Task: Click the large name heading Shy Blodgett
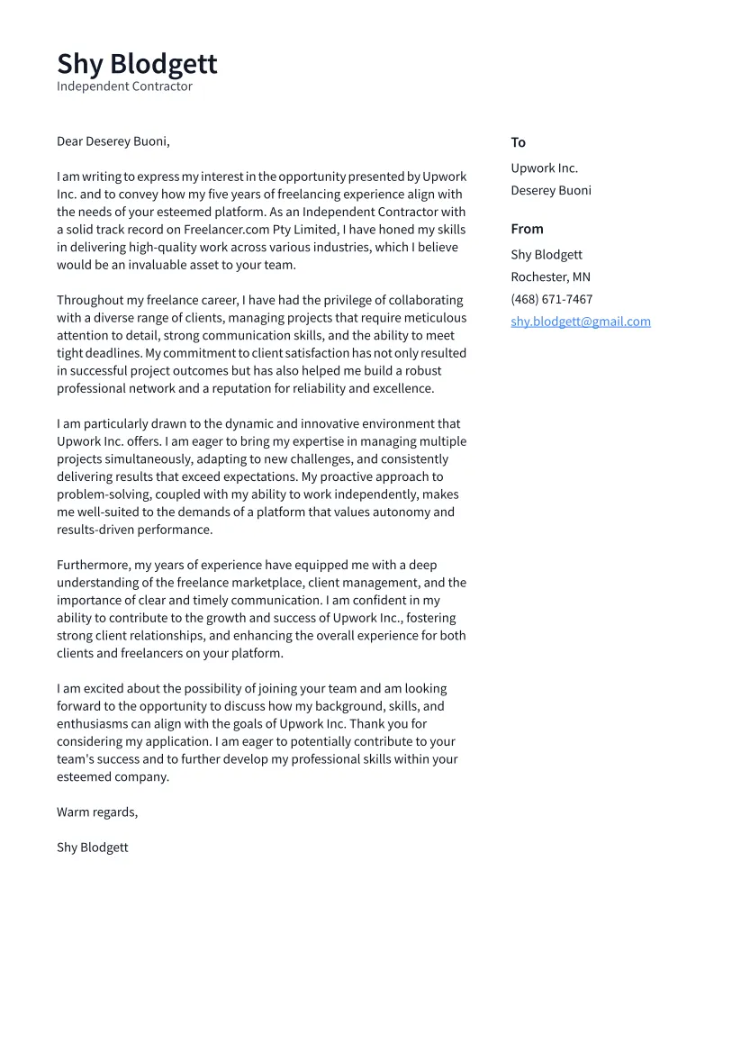pos(137,64)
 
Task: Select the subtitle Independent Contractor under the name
pos(124,86)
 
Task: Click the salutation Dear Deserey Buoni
pos(113,141)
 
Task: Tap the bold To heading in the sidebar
pos(518,142)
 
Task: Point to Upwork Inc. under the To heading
pos(544,168)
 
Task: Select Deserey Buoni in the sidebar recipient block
pos(550,190)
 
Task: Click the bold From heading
pos(527,229)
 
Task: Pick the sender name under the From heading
pos(546,255)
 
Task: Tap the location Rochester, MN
pos(550,277)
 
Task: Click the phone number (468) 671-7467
pos(551,299)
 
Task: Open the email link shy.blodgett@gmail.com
pos(580,322)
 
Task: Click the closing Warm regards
pos(97,812)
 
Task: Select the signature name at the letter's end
pos(92,848)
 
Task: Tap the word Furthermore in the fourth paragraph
pos(94,566)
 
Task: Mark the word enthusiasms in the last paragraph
pos(95,724)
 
